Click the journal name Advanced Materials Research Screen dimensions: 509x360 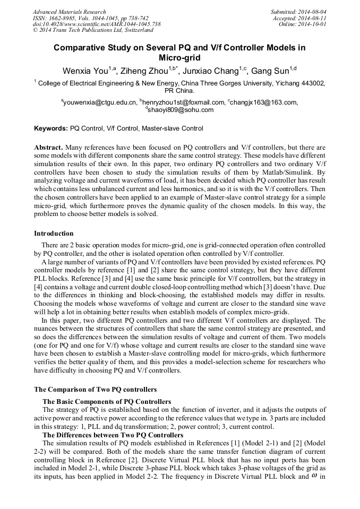click(x=70, y=12)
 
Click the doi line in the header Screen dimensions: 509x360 click(x=97, y=24)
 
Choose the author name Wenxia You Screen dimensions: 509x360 click(x=85, y=71)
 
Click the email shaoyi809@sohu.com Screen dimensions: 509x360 click(x=181, y=110)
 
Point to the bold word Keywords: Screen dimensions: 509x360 click(x=51, y=128)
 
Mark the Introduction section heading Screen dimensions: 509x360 click(x=54, y=234)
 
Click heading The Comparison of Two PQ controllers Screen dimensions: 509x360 click(x=95, y=390)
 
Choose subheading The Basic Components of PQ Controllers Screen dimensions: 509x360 click(x=107, y=401)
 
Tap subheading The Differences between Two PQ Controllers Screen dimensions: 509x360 click(x=113, y=435)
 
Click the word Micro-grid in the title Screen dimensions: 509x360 click(x=179, y=57)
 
